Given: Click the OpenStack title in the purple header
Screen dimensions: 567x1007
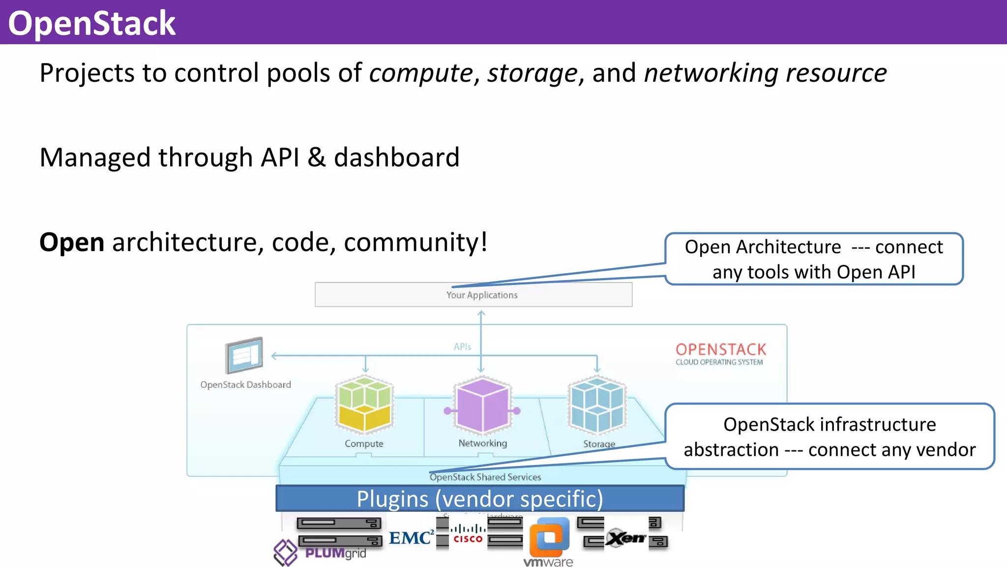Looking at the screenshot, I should (x=92, y=23).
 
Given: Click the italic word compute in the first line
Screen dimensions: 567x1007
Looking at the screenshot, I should (x=420, y=73).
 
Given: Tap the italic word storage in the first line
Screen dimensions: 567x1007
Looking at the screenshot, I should (x=532, y=73).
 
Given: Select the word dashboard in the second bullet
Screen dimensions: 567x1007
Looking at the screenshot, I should (x=396, y=157).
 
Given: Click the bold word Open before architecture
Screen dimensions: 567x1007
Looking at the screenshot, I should (x=72, y=242).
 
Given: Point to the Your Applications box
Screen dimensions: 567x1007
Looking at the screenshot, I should (x=473, y=295).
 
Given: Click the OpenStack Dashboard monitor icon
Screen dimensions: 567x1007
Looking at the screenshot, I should (x=244, y=355).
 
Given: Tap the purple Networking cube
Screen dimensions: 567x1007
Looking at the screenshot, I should (x=482, y=405).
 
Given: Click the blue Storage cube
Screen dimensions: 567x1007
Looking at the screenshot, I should (x=597, y=405).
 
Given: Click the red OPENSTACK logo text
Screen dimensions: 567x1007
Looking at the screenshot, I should (x=721, y=349).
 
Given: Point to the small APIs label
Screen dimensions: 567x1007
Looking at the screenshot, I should (x=462, y=346).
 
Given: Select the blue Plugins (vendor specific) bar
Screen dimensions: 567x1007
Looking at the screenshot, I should (x=479, y=499).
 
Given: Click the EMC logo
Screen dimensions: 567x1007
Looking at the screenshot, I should (x=411, y=537).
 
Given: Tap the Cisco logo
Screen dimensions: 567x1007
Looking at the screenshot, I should (x=468, y=535).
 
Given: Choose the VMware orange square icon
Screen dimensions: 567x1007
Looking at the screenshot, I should (x=549, y=537).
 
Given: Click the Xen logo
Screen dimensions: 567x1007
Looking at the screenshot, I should (x=625, y=537).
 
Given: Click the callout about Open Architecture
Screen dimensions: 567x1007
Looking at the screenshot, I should (x=814, y=259).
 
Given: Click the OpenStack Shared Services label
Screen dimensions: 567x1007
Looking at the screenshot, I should (x=485, y=477).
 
